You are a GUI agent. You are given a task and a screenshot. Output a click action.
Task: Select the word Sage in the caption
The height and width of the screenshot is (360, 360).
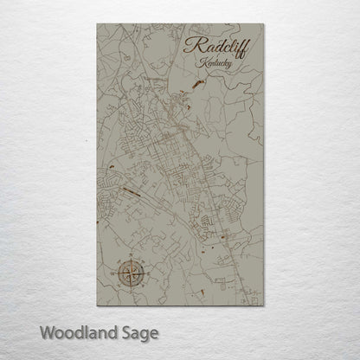[140, 332]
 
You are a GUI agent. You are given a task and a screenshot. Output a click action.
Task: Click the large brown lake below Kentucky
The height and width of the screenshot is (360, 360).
[198, 84]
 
